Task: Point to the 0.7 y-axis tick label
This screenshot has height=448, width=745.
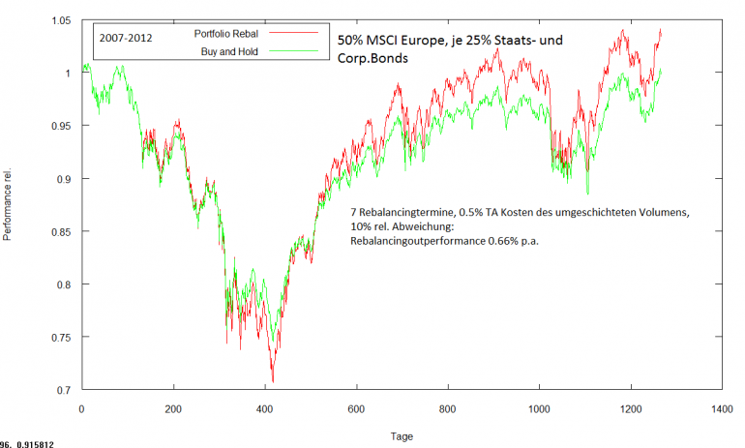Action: (x=64, y=390)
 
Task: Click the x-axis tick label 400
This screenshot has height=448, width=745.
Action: (x=264, y=408)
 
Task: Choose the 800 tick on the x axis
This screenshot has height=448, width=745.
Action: (x=447, y=408)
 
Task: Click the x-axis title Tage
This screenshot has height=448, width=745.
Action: (x=401, y=436)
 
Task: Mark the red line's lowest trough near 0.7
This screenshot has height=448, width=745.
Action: (x=273, y=381)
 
